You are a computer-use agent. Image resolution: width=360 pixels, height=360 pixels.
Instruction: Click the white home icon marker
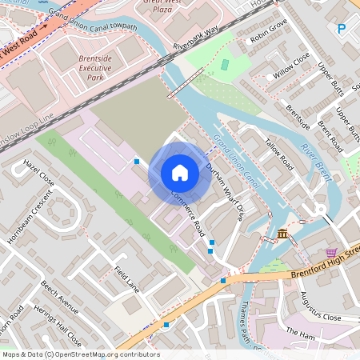180,172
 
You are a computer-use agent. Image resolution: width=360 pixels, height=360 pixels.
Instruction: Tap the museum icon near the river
283,234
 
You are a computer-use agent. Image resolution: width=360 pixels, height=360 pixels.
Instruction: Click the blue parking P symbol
342,30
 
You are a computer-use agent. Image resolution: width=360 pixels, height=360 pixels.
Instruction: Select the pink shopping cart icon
331,253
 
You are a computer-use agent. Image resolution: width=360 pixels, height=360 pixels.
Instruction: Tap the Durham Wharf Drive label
224,191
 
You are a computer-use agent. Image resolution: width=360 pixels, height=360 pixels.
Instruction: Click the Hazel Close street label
38,172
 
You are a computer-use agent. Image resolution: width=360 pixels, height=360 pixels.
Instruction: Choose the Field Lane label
127,278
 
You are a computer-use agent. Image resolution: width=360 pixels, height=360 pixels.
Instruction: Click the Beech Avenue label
60,296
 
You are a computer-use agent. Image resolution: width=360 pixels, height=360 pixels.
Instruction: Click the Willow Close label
291,65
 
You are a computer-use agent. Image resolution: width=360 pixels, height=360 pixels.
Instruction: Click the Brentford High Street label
316,264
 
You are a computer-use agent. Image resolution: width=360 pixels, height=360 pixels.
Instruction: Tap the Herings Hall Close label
59,324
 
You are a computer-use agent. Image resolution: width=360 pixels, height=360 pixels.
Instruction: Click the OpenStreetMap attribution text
80,354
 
